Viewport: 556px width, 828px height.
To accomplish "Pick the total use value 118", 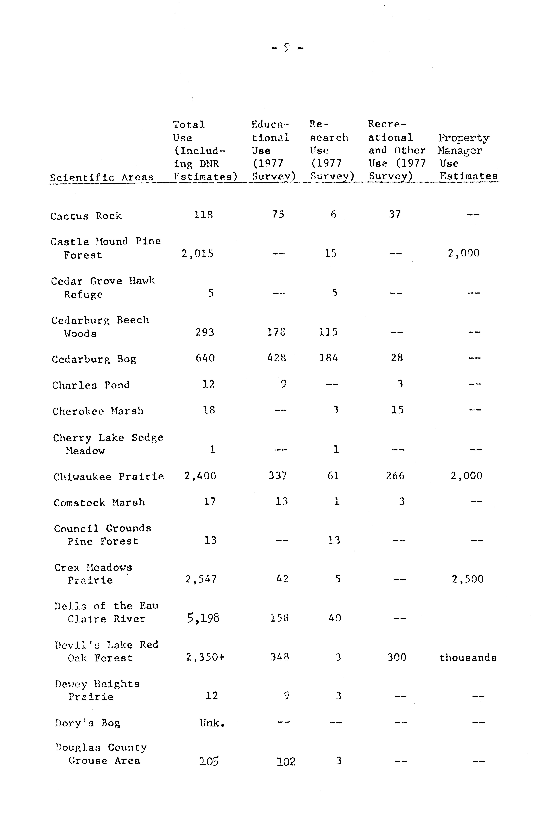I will tap(203, 215).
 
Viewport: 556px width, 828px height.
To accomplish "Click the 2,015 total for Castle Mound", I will tap(198, 254).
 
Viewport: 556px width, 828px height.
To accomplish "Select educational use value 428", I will tap(277, 358).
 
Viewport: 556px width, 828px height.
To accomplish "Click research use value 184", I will tap(328, 358).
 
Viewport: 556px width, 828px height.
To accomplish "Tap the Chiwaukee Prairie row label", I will tap(109, 477).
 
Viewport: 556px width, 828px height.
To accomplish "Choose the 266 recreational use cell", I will tap(395, 476).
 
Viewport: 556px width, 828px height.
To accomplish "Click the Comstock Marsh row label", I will tap(99, 503).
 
